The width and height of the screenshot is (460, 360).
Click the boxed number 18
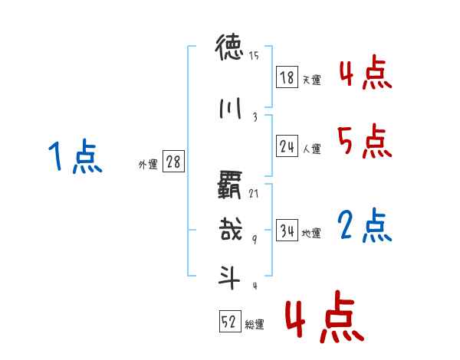click(287, 77)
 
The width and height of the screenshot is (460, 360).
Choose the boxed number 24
click(287, 147)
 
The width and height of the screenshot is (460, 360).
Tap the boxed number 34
click(287, 231)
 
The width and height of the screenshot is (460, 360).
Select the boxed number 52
click(229, 322)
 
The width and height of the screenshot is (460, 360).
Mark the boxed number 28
click(174, 162)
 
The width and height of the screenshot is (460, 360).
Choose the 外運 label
click(148, 165)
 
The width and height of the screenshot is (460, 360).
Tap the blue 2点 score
click(364, 226)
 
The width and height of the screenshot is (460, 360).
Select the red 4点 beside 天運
click(364, 74)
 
